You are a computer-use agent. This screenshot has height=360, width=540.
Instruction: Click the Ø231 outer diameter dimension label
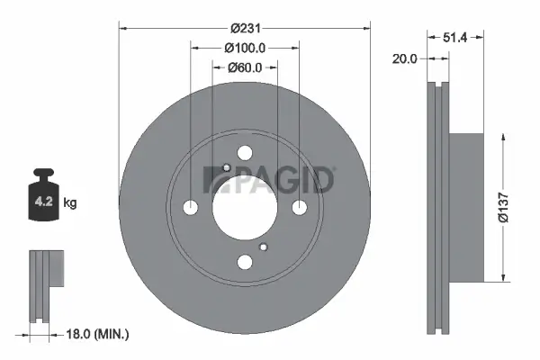point(245,26)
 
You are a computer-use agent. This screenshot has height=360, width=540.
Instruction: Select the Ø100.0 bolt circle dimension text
point(245,47)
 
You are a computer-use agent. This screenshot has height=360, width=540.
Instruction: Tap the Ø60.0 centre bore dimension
point(245,67)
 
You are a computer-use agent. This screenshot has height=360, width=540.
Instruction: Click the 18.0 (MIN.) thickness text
point(98,335)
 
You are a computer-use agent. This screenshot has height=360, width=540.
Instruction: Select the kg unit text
point(70,203)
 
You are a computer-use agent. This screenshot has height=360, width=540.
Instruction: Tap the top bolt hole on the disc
point(245,154)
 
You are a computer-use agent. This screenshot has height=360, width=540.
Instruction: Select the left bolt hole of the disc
point(190,208)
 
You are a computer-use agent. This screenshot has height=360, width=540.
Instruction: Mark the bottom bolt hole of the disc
point(245,262)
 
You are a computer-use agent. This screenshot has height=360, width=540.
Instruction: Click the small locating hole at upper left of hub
point(226,168)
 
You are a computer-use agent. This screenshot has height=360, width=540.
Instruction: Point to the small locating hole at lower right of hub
point(263,247)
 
